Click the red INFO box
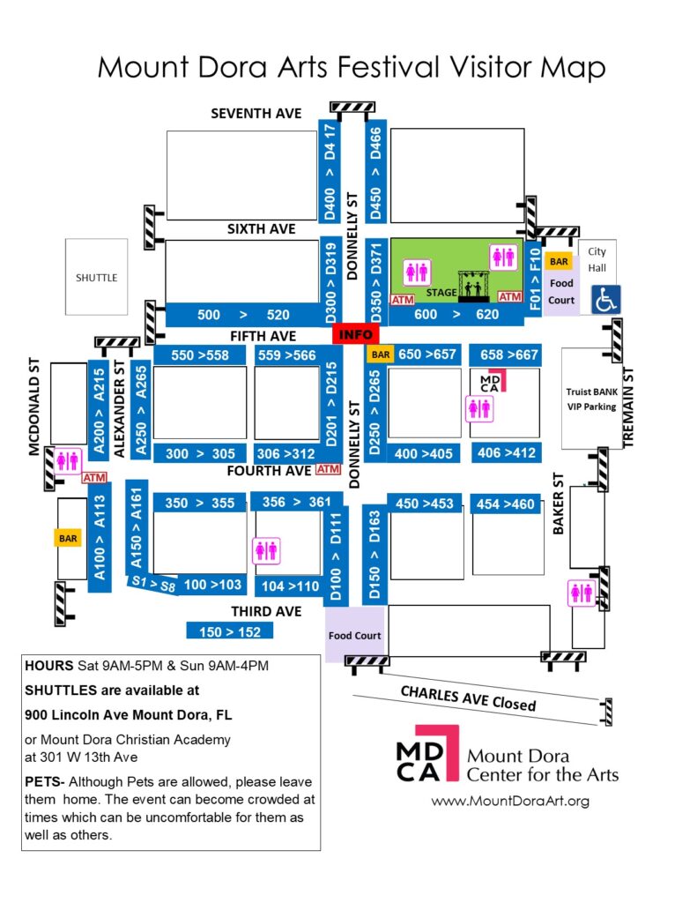pyautogui.click(x=355, y=335)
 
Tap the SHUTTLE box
pyautogui.click(x=96, y=277)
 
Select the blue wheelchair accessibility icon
pyautogui.click(x=605, y=300)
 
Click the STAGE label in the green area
pyautogui.click(x=441, y=292)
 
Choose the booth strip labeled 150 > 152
pyautogui.click(x=229, y=631)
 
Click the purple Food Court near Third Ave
pyautogui.click(x=354, y=636)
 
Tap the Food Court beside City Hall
pyautogui.click(x=561, y=290)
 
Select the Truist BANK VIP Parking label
pyautogui.click(x=591, y=399)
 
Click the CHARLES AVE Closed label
pyautogui.click(x=468, y=698)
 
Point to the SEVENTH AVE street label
pyautogui.click(x=256, y=114)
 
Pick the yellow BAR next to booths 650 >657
pyautogui.click(x=381, y=354)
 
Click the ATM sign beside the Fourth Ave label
pyautogui.click(x=328, y=470)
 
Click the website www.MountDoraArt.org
pyautogui.click(x=510, y=801)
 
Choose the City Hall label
pyautogui.click(x=597, y=258)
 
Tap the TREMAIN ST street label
pyautogui.click(x=630, y=406)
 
